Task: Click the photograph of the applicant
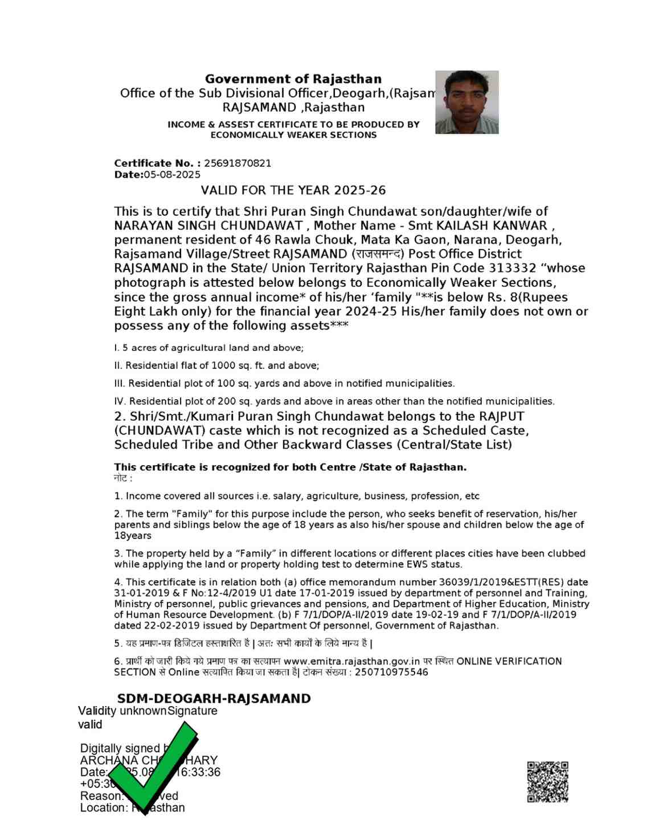(x=466, y=102)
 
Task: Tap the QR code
(x=547, y=782)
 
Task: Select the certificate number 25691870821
(x=237, y=163)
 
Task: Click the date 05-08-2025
(x=172, y=175)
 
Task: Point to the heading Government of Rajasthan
(x=293, y=79)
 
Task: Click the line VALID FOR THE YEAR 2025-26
(x=293, y=190)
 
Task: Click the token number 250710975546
(x=391, y=672)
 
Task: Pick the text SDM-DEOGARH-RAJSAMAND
(x=214, y=699)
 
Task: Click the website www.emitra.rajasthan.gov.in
(x=351, y=662)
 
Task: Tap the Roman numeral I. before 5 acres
(x=117, y=348)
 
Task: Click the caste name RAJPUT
(x=501, y=416)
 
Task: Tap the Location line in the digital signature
(x=132, y=807)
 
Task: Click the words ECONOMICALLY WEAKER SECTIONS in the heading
(x=293, y=135)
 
